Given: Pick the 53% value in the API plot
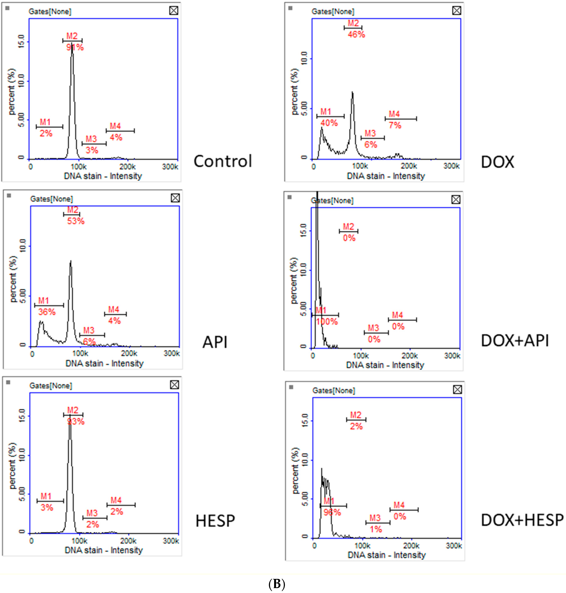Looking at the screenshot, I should pyautogui.click(x=76, y=221).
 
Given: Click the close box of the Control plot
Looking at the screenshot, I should pyautogui.click(x=174, y=11).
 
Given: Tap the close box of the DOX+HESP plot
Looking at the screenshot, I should pyautogui.click(x=457, y=390).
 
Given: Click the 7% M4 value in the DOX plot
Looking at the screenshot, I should pyautogui.click(x=395, y=125).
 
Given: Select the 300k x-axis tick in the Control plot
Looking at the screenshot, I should pyautogui.click(x=170, y=167).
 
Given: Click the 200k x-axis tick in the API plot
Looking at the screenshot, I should pyautogui.click(x=129, y=354).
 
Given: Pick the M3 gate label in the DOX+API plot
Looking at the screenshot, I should pyautogui.click(x=373, y=328).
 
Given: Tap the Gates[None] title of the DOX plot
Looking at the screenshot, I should pyautogui.click(x=333, y=11).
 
